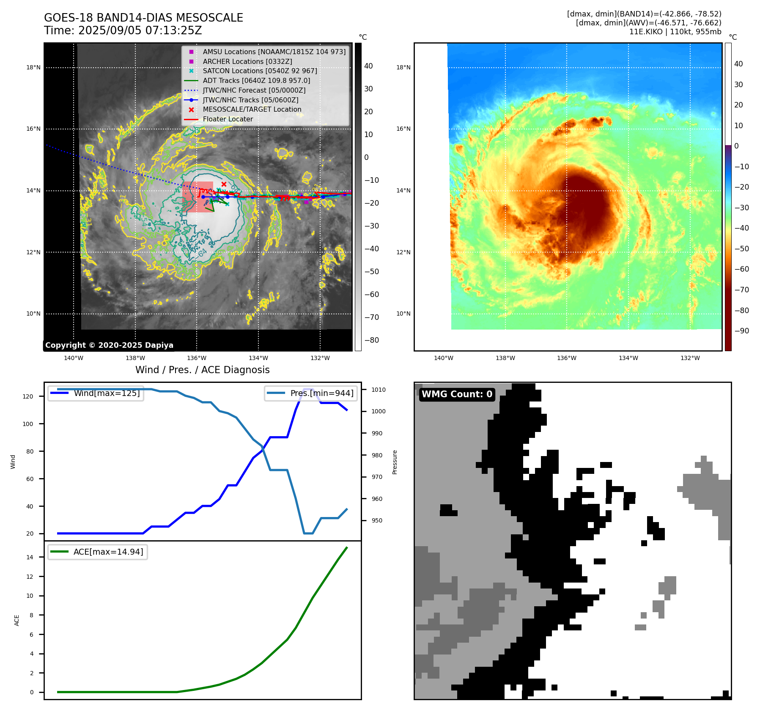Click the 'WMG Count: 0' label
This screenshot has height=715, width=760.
457,394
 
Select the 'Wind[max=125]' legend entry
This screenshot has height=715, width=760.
107,393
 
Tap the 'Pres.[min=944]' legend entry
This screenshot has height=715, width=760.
321,393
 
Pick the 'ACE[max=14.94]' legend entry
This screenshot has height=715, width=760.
108,552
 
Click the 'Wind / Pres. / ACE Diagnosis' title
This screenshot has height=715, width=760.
202,370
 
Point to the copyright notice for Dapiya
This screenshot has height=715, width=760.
109,345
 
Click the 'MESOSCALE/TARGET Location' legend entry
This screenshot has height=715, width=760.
252,110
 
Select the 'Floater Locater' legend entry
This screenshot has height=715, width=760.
228,119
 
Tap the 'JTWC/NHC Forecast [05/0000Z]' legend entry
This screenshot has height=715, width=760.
254,90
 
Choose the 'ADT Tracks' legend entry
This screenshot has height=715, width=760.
256,80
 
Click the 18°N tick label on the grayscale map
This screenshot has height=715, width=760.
33,68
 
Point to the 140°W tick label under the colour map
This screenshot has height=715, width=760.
443,358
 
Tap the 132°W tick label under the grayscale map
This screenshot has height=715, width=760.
320,358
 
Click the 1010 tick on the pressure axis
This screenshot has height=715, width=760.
379,390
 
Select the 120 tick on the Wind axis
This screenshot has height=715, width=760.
28,396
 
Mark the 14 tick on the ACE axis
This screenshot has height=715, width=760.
30,557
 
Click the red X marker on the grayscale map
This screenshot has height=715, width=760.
224,184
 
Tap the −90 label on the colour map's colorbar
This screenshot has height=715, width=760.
741,331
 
